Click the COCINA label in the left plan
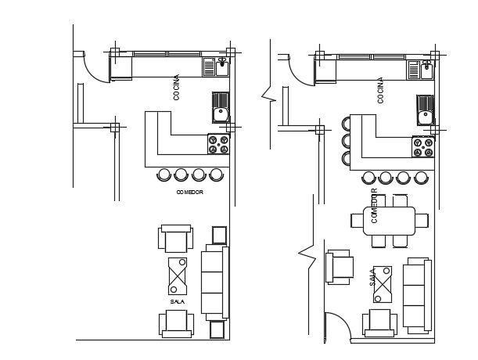[176, 88]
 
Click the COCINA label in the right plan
[380, 90]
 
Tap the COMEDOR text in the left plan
[189, 193]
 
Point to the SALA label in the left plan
[178, 302]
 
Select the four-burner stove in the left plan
[218, 144]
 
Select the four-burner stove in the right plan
[423, 147]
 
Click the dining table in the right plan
[390, 221]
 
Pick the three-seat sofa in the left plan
[215, 283]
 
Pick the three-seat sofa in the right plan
[417, 295]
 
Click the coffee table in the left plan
[178, 276]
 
